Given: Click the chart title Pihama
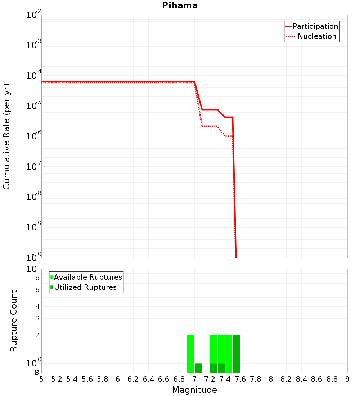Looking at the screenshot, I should [x=180, y=5].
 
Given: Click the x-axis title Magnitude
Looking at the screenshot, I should [x=194, y=390].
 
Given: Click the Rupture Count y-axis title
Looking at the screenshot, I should [x=14, y=321].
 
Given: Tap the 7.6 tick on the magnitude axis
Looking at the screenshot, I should [x=240, y=379].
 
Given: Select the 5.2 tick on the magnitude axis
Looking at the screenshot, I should [x=57, y=379].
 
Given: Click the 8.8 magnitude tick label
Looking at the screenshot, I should [x=332, y=379].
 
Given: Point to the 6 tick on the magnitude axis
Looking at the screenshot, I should [x=118, y=379].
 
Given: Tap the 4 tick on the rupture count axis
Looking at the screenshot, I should [x=37, y=306].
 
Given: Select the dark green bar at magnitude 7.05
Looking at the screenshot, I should [x=198, y=368].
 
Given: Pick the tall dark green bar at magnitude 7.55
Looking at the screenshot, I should [x=236, y=354].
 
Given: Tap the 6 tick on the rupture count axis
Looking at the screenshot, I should [x=37, y=289].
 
